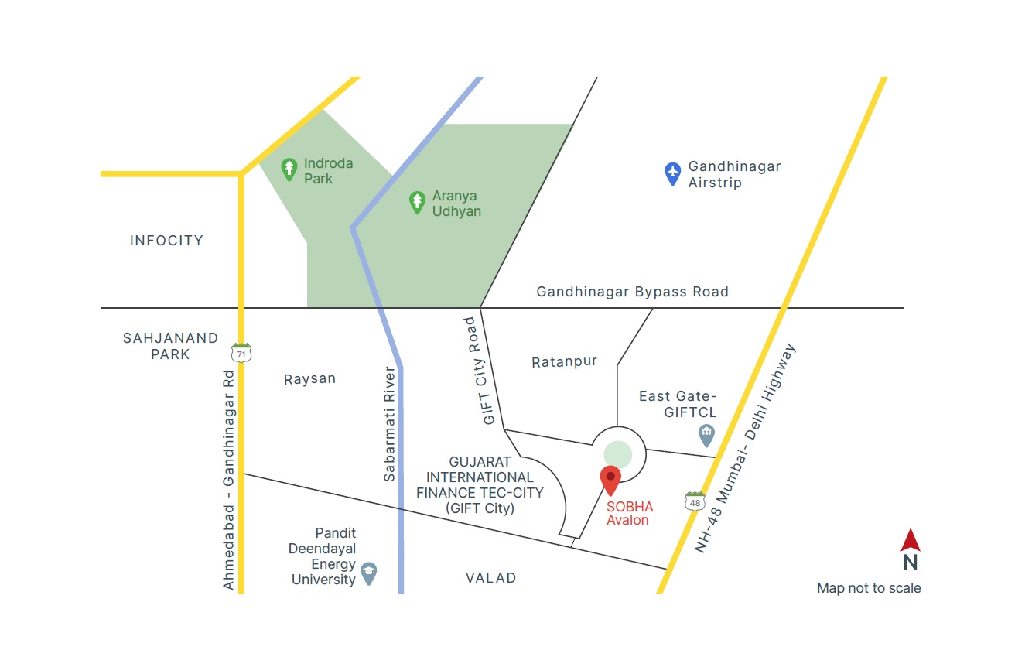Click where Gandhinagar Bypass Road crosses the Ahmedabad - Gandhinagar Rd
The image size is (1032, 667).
click(241, 307)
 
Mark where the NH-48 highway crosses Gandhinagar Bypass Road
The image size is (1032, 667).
click(784, 307)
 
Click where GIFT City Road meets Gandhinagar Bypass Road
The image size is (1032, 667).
click(480, 307)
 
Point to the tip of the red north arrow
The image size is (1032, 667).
click(911, 528)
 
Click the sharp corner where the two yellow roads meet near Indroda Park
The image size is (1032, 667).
click(241, 174)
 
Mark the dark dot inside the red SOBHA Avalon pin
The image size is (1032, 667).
click(610, 477)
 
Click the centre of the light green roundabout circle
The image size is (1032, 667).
click(618, 455)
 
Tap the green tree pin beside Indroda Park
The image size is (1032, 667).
click(289, 169)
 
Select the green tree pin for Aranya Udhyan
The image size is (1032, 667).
click(417, 203)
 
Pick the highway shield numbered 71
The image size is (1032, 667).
click(241, 353)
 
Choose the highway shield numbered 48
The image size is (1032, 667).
click(695, 501)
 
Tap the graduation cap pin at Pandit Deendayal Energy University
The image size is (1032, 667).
click(368, 573)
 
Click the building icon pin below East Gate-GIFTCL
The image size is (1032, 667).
click(706, 436)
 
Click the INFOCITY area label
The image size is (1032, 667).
click(166, 241)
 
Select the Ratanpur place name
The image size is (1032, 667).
click(565, 362)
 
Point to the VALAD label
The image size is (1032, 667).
click(490, 578)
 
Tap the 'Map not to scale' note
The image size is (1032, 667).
click(869, 588)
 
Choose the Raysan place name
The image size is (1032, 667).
click(309, 379)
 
